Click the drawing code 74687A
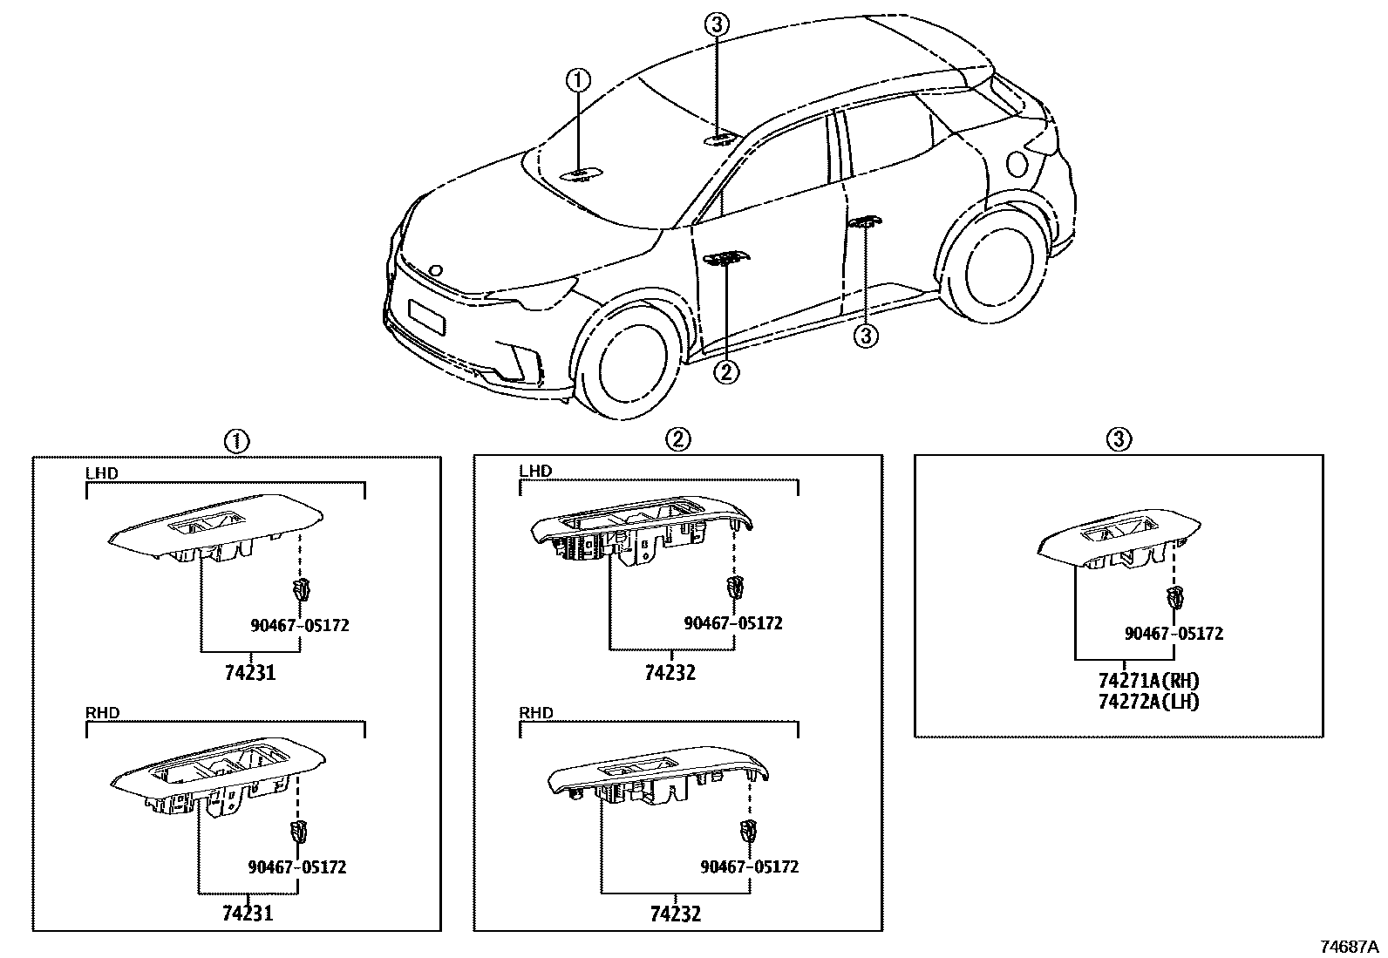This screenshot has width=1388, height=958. [x=1348, y=947]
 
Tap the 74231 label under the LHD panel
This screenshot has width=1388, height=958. [x=249, y=673]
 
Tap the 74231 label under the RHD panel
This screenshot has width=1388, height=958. [x=248, y=914]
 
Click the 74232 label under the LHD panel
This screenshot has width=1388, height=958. [x=670, y=673]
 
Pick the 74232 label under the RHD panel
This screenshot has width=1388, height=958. [x=675, y=914]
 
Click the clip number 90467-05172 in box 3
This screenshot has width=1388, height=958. [x=1174, y=634]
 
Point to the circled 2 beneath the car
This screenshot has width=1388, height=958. [x=725, y=372]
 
